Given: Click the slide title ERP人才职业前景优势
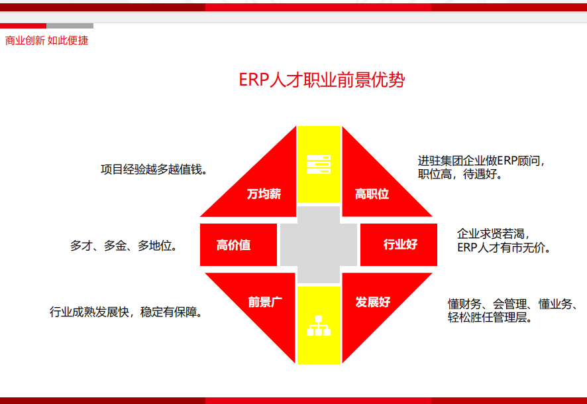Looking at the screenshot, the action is point(321,80).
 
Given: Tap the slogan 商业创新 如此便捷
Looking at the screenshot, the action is point(47,40).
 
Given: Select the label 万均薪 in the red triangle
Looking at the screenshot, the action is point(264,194).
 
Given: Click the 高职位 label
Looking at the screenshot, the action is point(372,194).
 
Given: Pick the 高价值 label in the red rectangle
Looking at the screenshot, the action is point(234,245).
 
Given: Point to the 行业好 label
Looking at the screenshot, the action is point(400,244).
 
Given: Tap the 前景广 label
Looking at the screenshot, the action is point(265,302).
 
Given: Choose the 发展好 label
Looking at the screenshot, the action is point(373,302).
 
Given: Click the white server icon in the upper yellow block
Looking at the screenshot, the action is point(319,165).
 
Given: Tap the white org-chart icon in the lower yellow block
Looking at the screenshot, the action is point(319,325).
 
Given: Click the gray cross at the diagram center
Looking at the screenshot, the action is point(319,245).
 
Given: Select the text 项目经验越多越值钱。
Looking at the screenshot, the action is point(154,169).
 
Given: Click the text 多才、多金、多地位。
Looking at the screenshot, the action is point(123,246).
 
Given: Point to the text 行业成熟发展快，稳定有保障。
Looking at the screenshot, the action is point(126,312).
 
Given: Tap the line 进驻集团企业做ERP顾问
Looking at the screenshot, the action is point(482,161).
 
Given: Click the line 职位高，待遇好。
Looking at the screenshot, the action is point(460,174).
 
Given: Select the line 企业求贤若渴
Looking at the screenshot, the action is point(493,234).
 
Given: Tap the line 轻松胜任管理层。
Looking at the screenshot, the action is point(490,317).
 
